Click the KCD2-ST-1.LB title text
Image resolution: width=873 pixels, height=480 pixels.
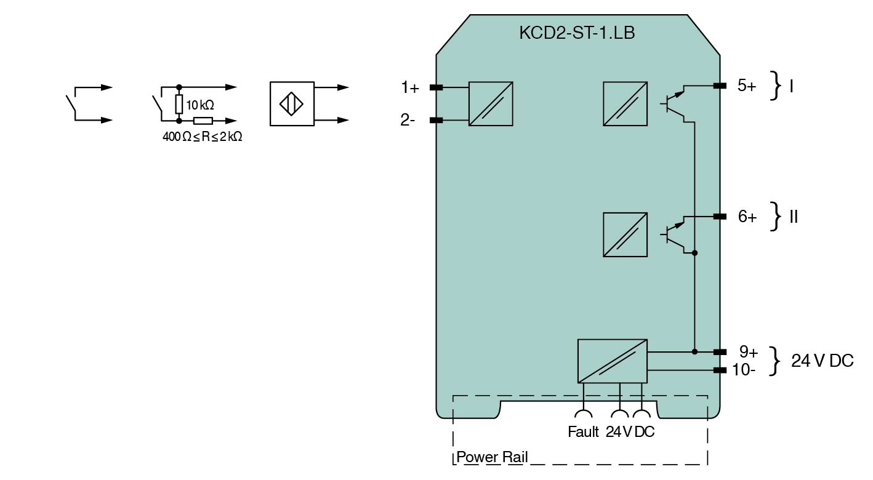tap(577, 33)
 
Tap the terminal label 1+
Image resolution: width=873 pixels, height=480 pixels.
tap(410, 88)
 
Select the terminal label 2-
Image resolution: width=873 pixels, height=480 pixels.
tap(408, 121)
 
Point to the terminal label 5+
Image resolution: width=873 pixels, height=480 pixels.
tap(747, 86)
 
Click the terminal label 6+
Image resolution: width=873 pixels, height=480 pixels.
tap(747, 217)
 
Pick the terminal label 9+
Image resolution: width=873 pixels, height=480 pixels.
tap(748, 352)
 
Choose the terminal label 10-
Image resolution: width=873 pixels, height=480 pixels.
tap(744, 370)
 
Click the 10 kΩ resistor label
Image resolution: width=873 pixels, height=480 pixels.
tap(200, 105)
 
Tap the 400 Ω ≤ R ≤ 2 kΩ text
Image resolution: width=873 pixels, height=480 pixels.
tap(202, 137)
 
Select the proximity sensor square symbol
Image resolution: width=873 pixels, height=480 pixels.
tap(292, 104)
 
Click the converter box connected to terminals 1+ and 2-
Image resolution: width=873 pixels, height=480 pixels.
tap(491, 104)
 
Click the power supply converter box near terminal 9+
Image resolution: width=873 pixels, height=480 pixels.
tap(612, 361)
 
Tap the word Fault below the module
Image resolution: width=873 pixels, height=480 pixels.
tap(583, 432)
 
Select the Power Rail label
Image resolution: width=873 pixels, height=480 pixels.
tap(492, 458)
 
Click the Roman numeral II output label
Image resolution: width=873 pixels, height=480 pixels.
tap(793, 217)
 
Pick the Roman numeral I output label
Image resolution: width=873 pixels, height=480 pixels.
tap(792, 86)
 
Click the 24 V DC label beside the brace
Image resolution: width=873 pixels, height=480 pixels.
tap(822, 361)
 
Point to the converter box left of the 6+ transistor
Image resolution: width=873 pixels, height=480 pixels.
tap(625, 234)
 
